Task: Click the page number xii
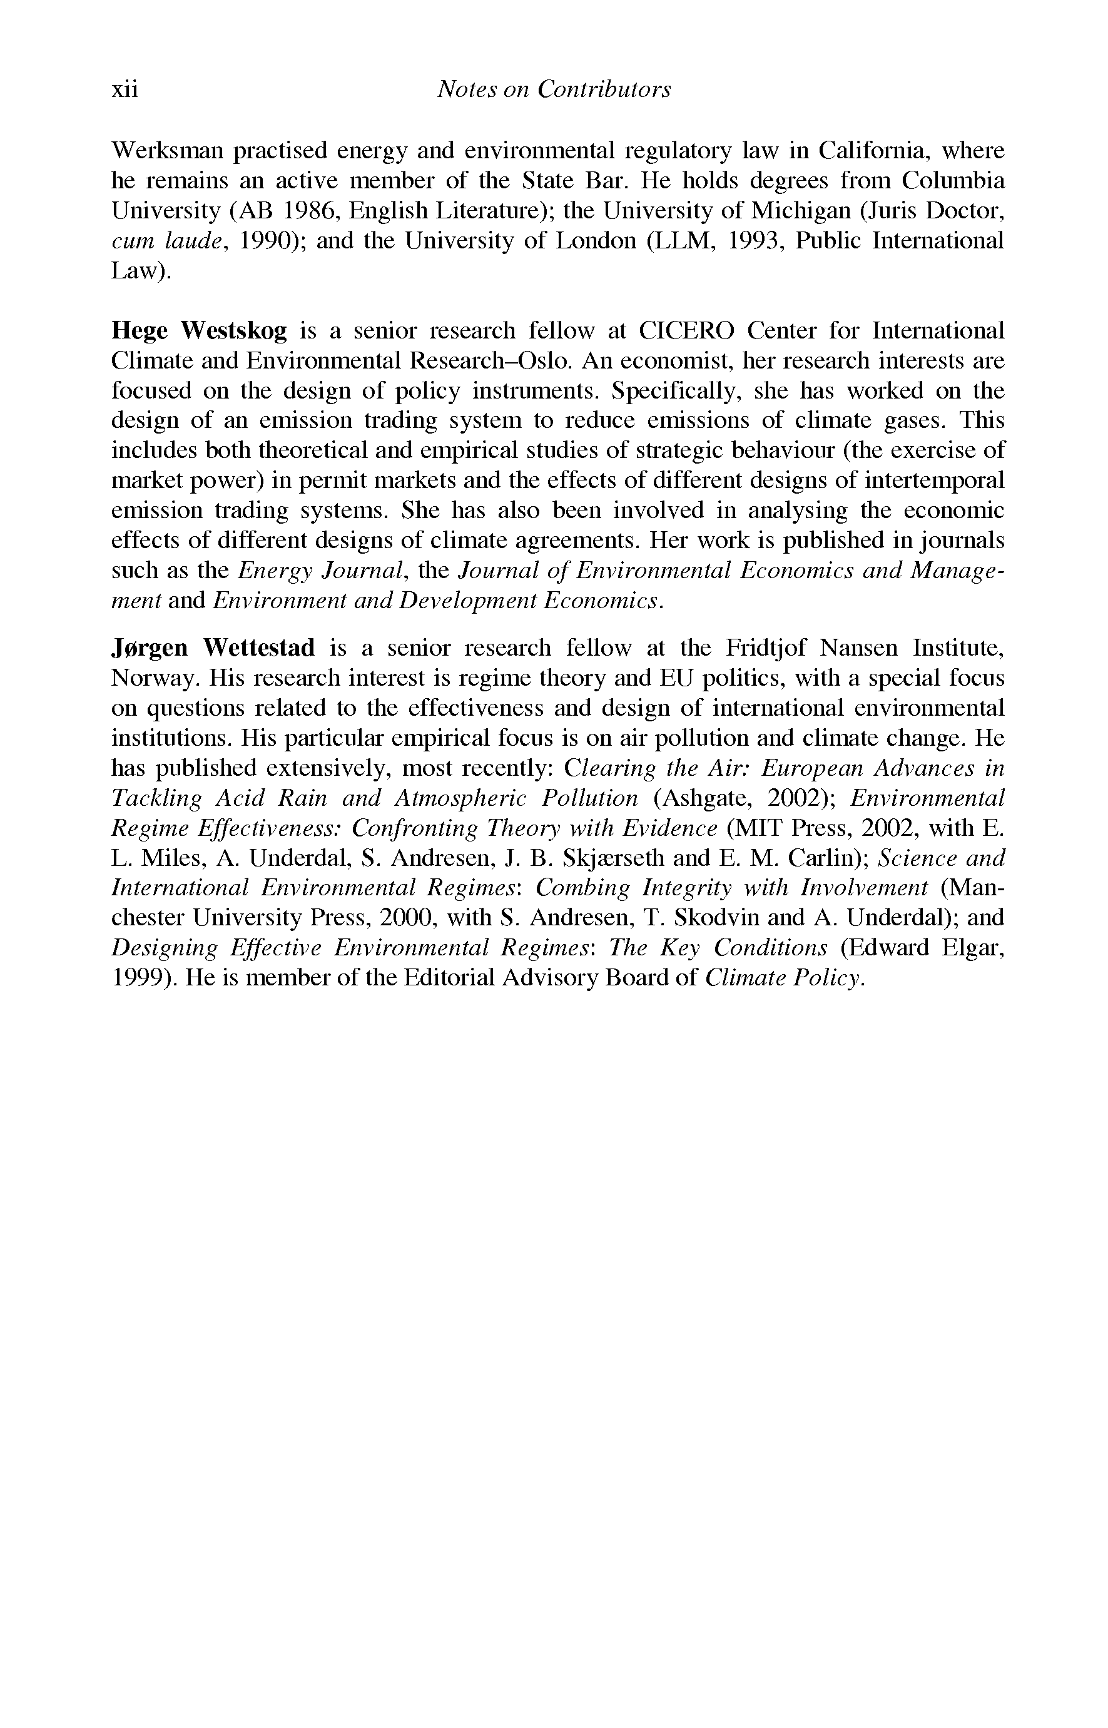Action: pos(124,89)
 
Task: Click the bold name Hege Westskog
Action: pos(200,331)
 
